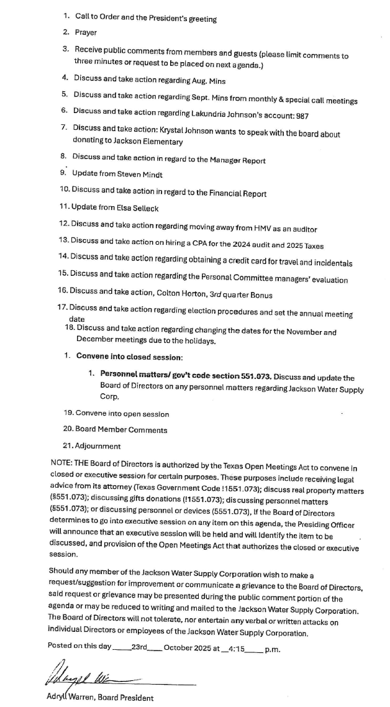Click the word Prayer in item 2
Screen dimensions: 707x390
[x=86, y=32]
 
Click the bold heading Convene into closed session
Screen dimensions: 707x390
[x=129, y=357]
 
